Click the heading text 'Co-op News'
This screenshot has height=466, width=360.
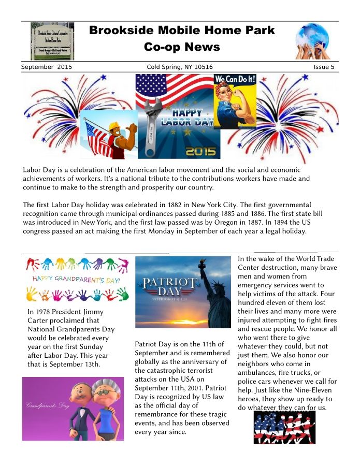(x=182, y=47)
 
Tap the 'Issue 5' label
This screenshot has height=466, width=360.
(x=324, y=67)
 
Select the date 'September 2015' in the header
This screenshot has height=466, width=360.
(x=47, y=67)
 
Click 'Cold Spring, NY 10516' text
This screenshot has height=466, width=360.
(x=180, y=67)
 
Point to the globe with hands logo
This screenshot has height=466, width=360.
(x=312, y=41)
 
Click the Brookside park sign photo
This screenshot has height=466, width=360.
(x=52, y=41)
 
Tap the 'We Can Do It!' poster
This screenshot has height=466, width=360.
(x=235, y=101)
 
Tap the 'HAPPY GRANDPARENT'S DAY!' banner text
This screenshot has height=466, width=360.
(x=77, y=280)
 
